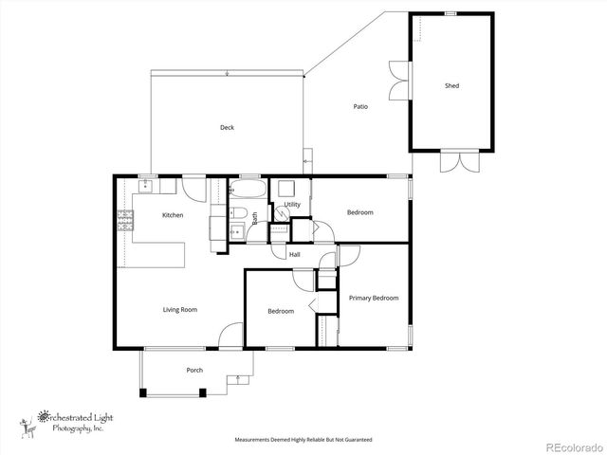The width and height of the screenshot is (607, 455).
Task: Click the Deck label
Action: (x=227, y=128)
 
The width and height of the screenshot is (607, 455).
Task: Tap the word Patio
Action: (x=360, y=106)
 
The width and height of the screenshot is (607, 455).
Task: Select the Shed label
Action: (x=452, y=86)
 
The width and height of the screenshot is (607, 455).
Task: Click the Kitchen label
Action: (x=173, y=215)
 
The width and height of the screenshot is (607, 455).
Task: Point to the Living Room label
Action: (x=180, y=310)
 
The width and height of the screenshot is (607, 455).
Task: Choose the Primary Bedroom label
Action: (x=374, y=298)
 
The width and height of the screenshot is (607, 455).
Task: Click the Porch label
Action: (x=194, y=371)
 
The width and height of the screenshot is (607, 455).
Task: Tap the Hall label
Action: (x=295, y=255)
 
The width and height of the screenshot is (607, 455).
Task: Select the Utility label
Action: (x=292, y=205)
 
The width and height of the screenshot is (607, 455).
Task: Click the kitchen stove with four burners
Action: (x=124, y=222)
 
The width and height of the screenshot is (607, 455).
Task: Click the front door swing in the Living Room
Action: (x=230, y=337)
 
